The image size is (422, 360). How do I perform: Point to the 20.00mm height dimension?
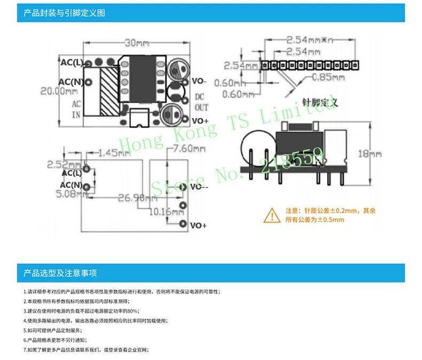pos(59,91)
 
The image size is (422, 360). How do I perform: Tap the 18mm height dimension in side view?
pos(362,154)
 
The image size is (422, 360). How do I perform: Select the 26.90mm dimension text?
pos(131,198)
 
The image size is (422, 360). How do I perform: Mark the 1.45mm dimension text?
pos(114,153)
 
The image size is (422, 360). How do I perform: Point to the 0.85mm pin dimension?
pos(322,77)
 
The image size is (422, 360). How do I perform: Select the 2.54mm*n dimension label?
pos(310,40)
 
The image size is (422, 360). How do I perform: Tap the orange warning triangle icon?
pos(272,215)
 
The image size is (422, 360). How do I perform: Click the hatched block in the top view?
pos(110,91)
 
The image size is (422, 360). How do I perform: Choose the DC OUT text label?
pos(199,101)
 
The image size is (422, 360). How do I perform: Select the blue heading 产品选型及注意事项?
pos(60,273)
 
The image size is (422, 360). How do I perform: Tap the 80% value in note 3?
pos(134,310)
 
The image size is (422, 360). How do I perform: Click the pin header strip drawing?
pos(310,65)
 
